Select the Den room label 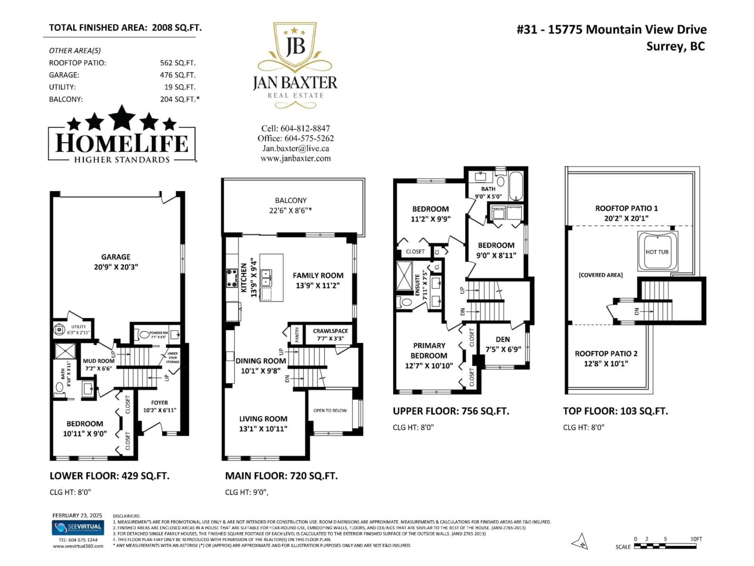[503, 344]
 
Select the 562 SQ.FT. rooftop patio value [178, 63]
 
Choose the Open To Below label [330, 410]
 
